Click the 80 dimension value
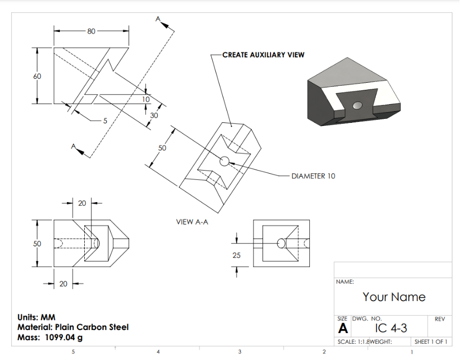pos(91,31)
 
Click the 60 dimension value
pos(37,76)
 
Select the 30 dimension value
pos(154,115)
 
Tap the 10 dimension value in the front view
pos(146,100)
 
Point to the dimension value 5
pos(105,121)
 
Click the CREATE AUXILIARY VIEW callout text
pos(263,54)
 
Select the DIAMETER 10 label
pos(313,176)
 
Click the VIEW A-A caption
pos(192,222)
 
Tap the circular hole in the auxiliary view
pos(224,161)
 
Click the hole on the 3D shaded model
pos(358,105)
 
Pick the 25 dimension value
pos(237,255)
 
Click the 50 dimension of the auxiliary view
pos(162,148)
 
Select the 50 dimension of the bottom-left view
pos(37,244)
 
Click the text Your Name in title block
pos(394,297)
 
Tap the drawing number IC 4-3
pos(391,328)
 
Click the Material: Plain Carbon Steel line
pos(73,327)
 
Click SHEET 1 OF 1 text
pos(431,342)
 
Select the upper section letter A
pos(158,19)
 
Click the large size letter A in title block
pos(343,329)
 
